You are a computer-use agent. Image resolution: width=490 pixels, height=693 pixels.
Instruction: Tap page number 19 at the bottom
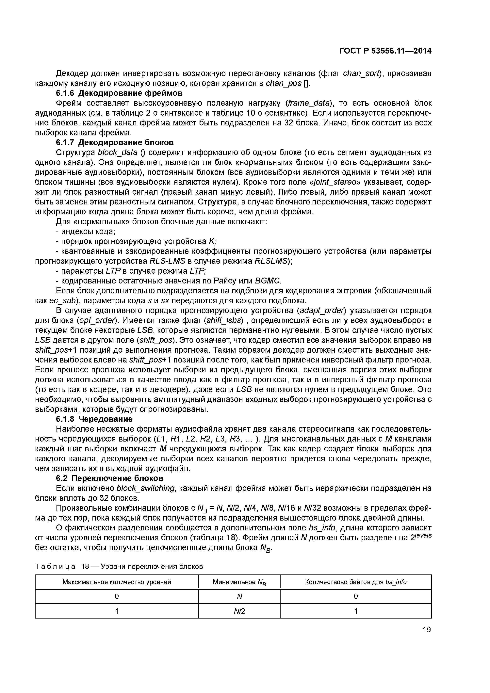[x=427, y=630]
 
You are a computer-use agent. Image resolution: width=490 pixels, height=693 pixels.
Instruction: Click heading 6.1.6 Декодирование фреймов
[x=119, y=93]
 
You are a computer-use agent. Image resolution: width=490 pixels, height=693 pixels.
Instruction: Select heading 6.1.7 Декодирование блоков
[x=115, y=142]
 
